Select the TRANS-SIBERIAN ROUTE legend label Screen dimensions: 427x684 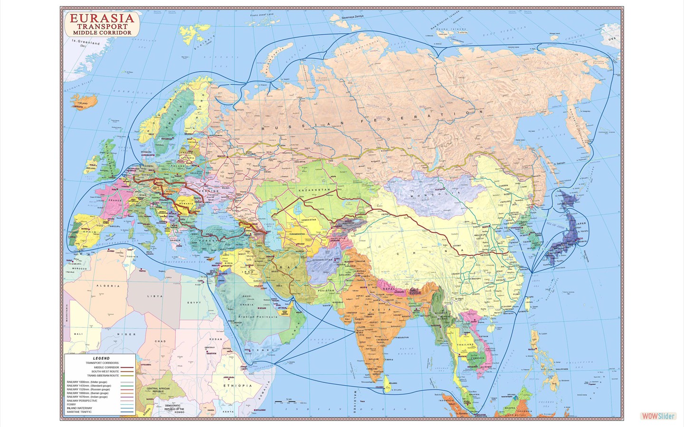pos(103,375)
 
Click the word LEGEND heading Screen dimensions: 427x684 pos(101,358)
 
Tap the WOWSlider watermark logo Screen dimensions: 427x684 pos(658,416)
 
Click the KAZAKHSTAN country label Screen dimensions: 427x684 pos(314,190)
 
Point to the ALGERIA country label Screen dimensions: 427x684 pos(106,286)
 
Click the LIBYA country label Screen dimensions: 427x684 pos(155,296)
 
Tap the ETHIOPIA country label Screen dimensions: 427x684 pos(240,386)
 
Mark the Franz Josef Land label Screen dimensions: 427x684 pos(262,15)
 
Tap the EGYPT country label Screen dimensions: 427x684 pos(193,303)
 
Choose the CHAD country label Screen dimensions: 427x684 pos(160,341)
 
